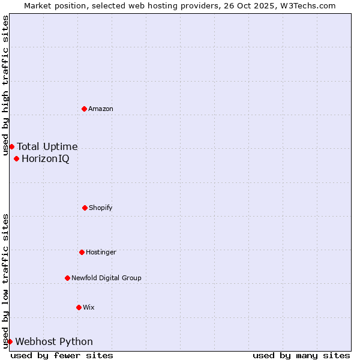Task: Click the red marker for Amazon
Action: click(84, 109)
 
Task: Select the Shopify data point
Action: click(85, 208)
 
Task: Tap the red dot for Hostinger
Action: click(82, 252)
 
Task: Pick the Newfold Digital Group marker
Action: click(67, 278)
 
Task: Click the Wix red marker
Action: click(79, 307)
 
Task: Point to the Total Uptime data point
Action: click(11, 146)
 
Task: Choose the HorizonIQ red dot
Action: click(16, 158)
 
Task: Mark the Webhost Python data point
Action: click(10, 341)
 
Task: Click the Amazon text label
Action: click(101, 109)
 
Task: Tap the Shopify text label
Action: click(101, 208)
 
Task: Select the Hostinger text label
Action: click(101, 252)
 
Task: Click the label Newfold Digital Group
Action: click(106, 278)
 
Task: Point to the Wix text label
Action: click(89, 307)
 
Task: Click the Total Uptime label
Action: click(47, 146)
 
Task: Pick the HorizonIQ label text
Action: click(46, 158)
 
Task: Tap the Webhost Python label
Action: click(54, 341)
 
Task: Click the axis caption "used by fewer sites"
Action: click(62, 355)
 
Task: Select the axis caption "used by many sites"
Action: click(301, 355)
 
